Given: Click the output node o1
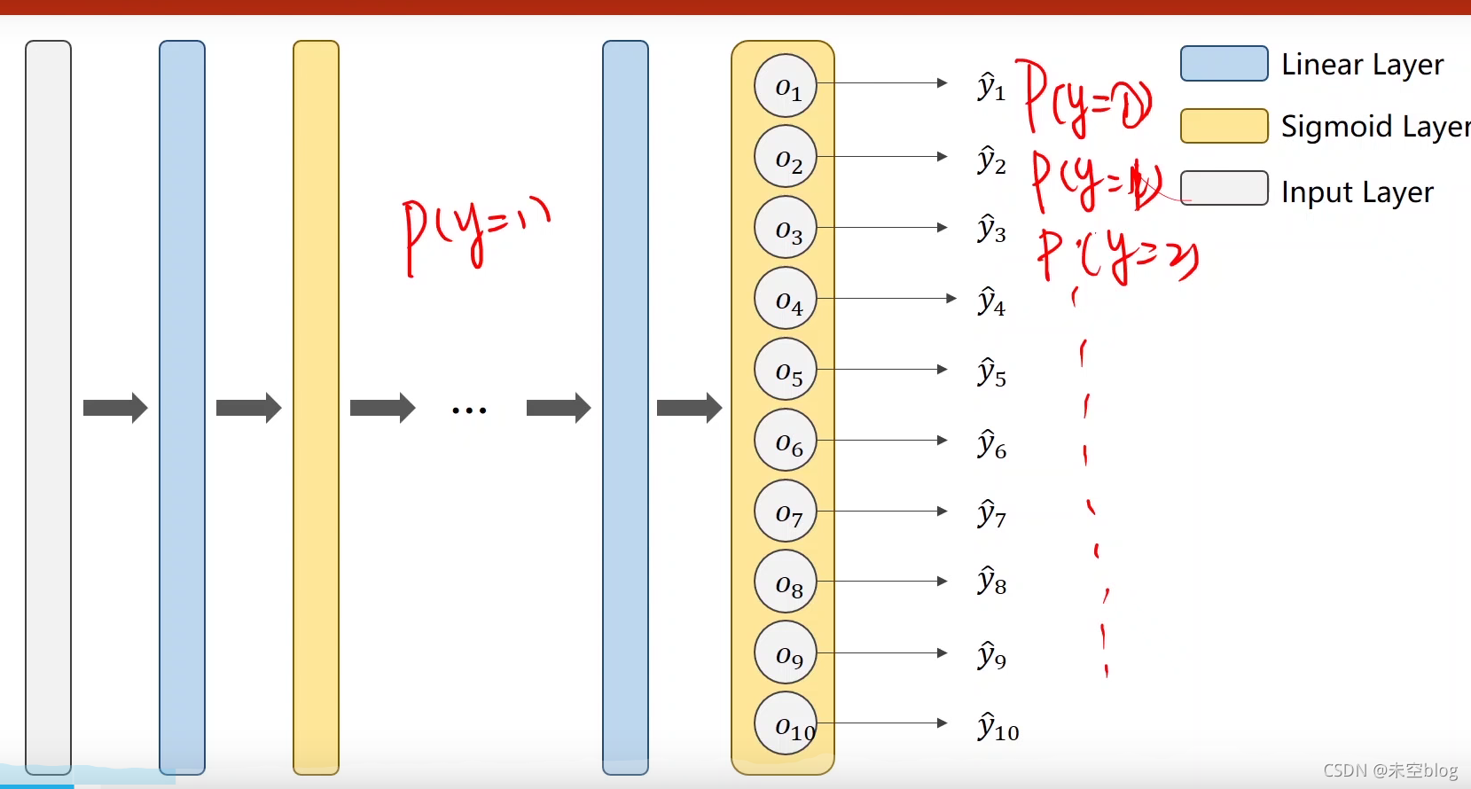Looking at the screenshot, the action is [x=786, y=86].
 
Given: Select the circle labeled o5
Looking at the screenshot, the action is [x=786, y=370].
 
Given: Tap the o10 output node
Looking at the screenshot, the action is [x=786, y=723].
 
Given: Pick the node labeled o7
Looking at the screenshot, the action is [x=786, y=512].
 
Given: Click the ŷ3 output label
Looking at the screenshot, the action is [x=991, y=229].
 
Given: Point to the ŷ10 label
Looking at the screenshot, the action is [x=998, y=727].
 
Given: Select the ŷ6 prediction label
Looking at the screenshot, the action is [x=991, y=443].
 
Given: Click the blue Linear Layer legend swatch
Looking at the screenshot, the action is [x=1224, y=64].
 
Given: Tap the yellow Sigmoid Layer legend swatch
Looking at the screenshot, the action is [x=1224, y=126].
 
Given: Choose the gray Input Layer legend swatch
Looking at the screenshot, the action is [x=1224, y=188].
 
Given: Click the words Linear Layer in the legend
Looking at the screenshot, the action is [x=1362, y=65].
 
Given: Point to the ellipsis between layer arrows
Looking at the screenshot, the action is [x=469, y=410].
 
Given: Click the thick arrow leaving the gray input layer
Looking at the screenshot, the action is [x=115, y=408].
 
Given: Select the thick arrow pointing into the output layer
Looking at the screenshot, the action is [x=689, y=408].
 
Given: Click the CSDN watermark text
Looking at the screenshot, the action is [x=1389, y=770].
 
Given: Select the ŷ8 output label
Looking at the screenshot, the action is [x=991, y=582].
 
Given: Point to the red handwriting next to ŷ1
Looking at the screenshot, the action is [x=1086, y=100].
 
